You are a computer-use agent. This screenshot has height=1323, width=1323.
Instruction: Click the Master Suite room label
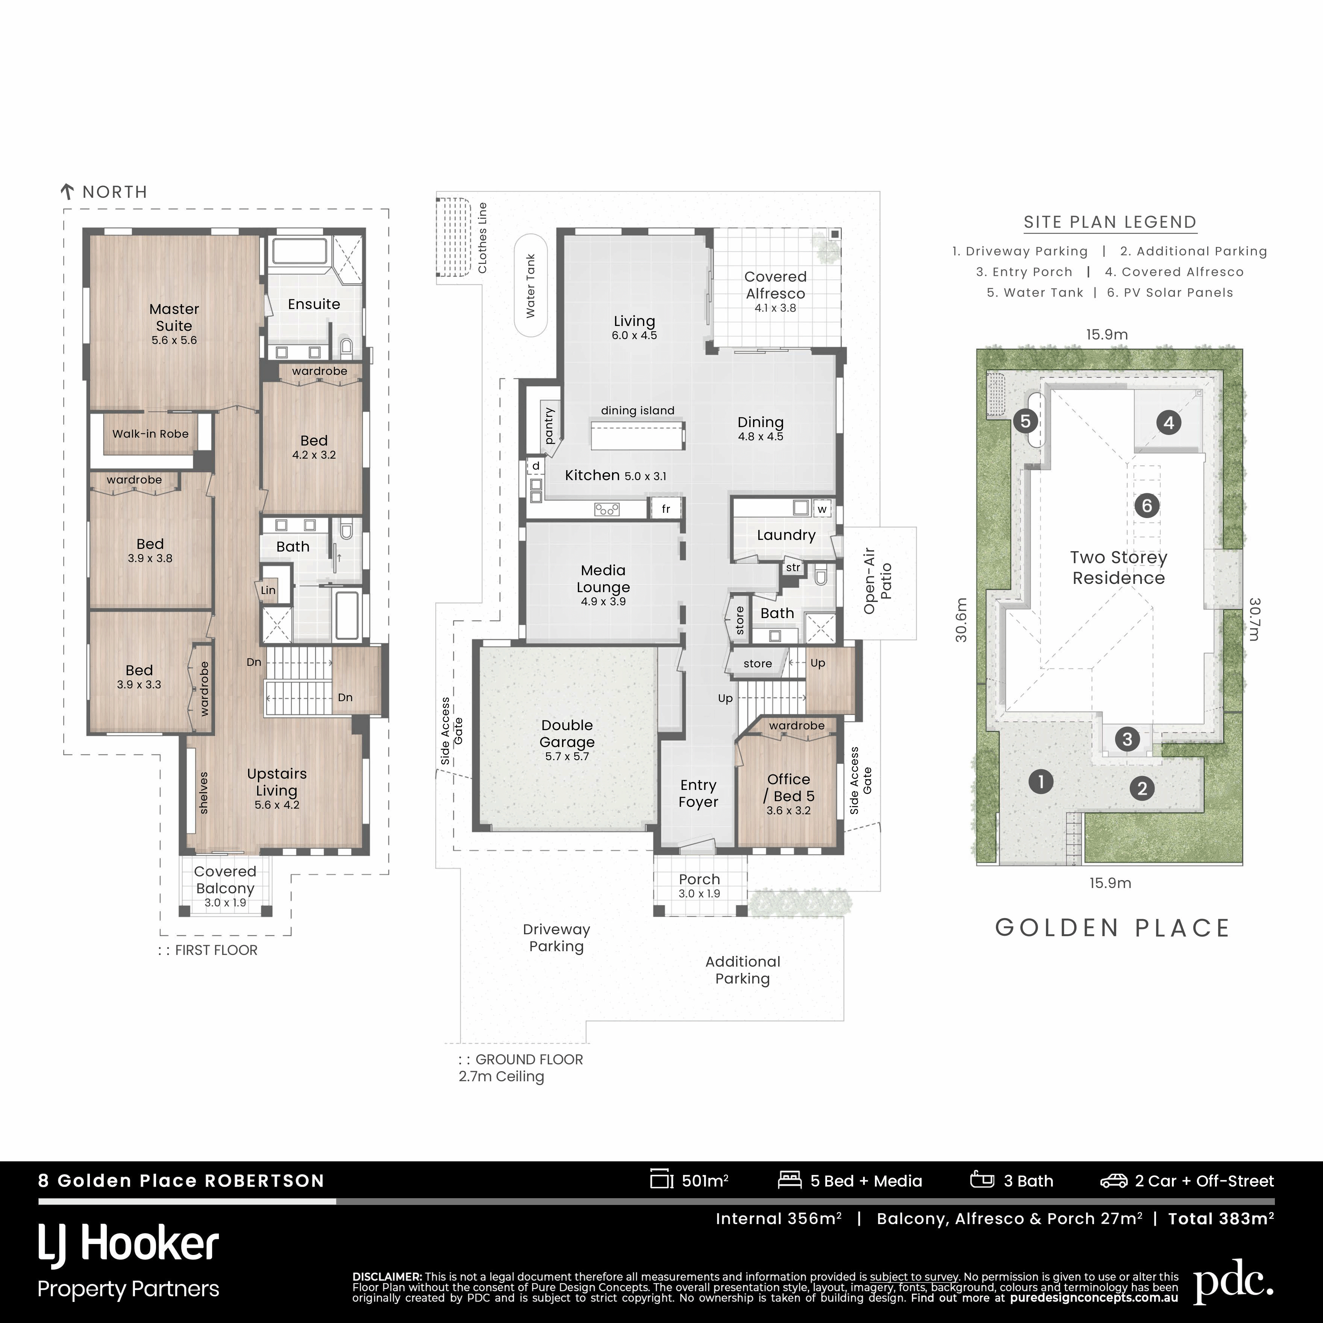(x=174, y=318)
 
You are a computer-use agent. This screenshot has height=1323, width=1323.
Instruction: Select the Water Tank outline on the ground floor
(x=531, y=286)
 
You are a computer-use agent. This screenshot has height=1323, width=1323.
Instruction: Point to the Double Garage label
(x=567, y=733)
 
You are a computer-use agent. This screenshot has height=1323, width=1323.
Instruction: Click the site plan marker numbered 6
(x=1147, y=506)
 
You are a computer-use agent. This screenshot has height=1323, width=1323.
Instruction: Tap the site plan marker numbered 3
(x=1127, y=739)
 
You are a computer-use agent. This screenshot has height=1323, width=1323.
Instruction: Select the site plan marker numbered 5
(x=1025, y=420)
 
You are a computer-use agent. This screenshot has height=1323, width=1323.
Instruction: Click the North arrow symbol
(x=67, y=192)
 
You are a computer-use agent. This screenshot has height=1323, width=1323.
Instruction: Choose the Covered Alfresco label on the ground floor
(x=775, y=285)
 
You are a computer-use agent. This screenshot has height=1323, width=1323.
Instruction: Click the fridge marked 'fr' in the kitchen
(x=665, y=509)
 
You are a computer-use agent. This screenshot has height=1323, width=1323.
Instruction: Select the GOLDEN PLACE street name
(x=1113, y=928)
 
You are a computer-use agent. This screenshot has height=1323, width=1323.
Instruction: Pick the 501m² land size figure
(x=705, y=1181)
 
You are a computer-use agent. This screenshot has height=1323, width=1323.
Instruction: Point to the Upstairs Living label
(x=277, y=782)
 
